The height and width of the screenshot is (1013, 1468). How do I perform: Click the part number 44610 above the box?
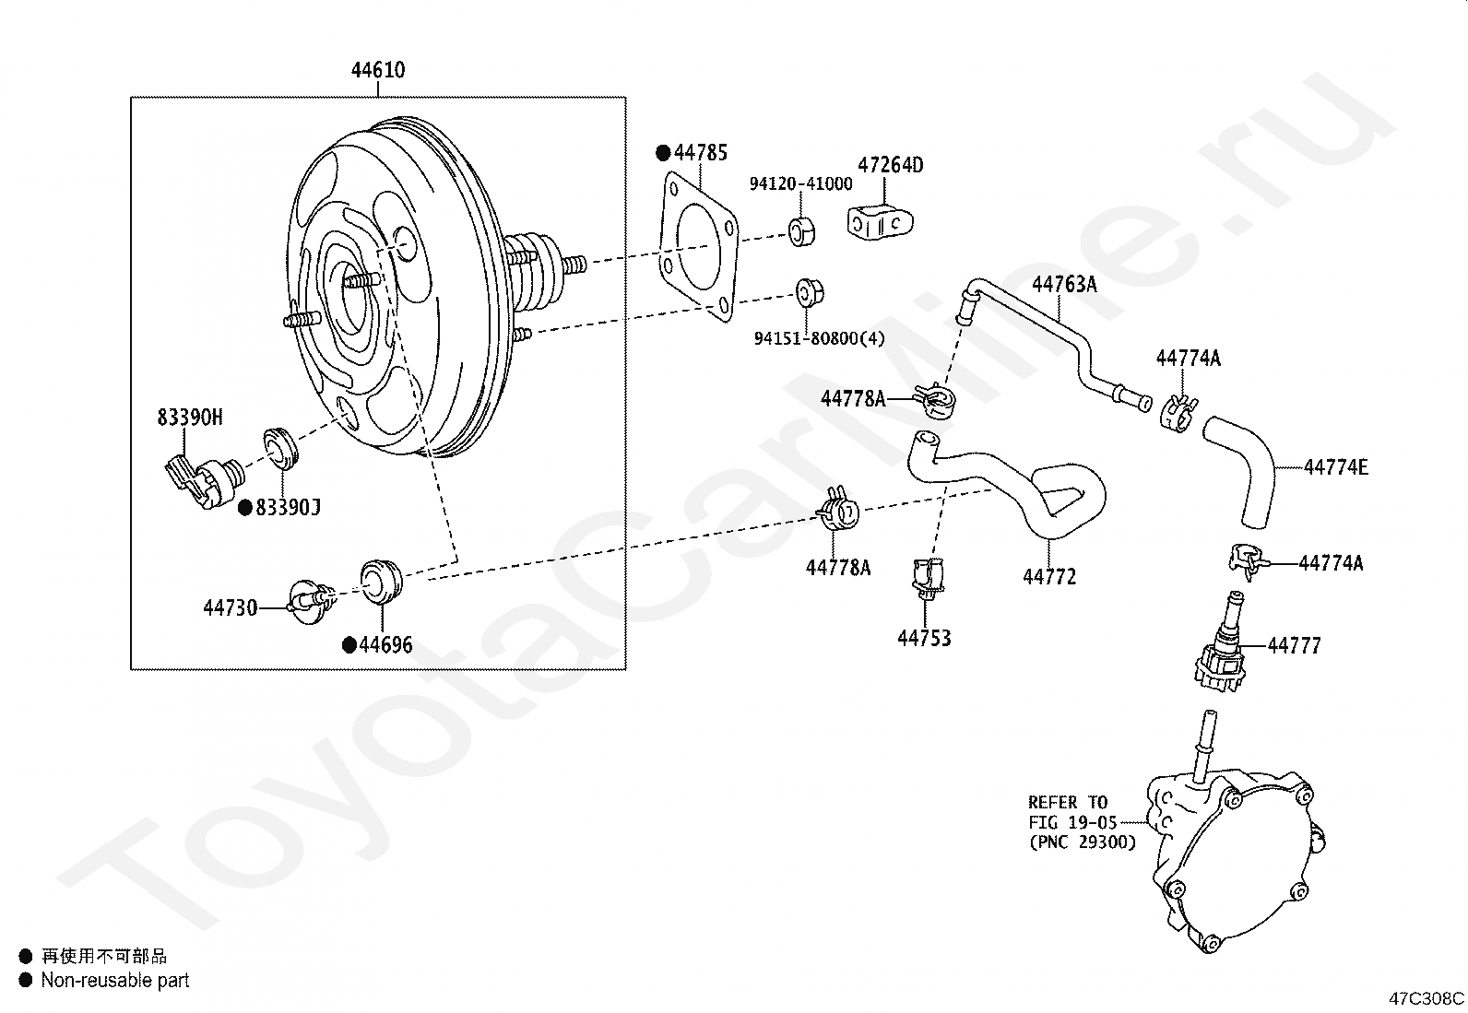(378, 70)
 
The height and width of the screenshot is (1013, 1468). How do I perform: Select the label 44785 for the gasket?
(700, 152)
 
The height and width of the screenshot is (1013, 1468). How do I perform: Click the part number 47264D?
(890, 165)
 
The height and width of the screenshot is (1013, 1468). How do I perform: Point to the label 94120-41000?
(800, 184)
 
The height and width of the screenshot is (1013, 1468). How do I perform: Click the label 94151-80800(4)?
(819, 338)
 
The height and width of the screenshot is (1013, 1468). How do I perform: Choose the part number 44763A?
(1064, 284)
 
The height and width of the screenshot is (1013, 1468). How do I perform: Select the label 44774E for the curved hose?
(1335, 467)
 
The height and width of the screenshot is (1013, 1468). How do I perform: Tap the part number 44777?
(1294, 645)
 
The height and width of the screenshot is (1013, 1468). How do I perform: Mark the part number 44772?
(1049, 577)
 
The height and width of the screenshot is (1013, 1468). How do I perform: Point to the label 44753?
(924, 638)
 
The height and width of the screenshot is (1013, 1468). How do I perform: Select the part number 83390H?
(189, 418)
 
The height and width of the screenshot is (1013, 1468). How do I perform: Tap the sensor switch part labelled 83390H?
(205, 479)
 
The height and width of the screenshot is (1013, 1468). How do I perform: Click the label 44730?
(230, 607)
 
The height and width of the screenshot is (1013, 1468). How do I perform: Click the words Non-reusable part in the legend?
(114, 981)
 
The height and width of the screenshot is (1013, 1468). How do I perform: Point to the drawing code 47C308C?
(1427, 998)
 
